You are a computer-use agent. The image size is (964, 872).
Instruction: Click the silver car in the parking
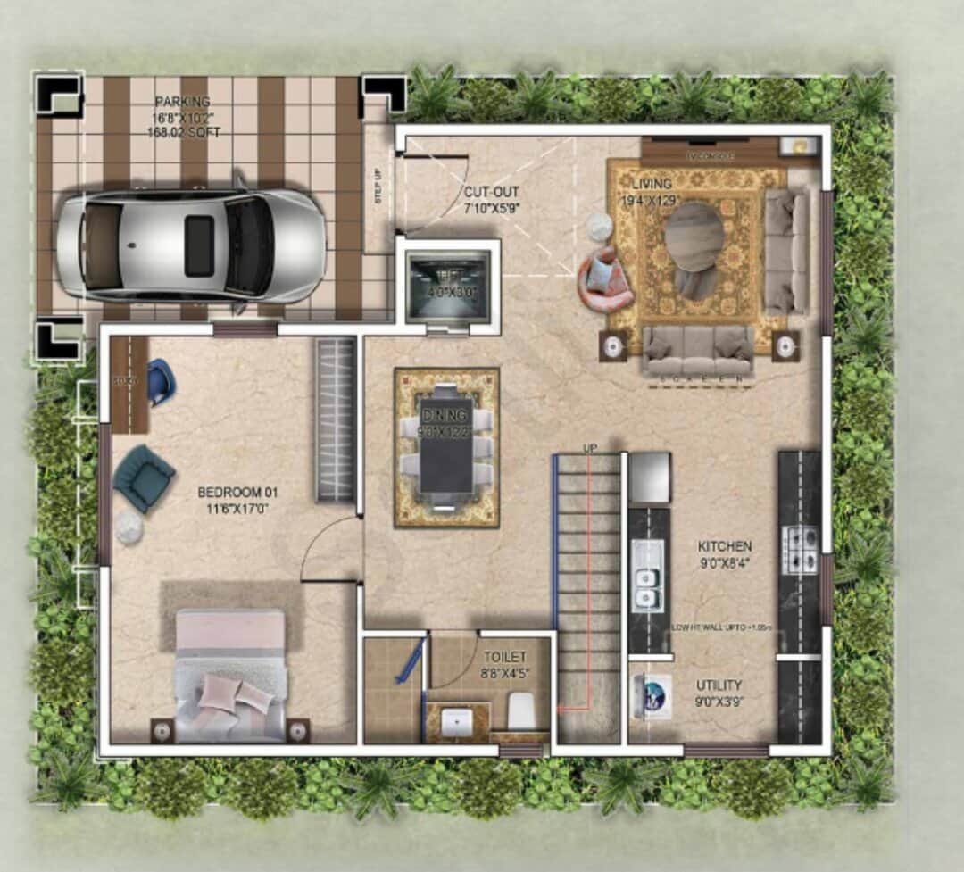coord(190,245)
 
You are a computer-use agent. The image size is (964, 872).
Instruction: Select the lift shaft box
coord(448,286)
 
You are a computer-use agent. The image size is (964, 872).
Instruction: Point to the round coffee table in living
coord(694,237)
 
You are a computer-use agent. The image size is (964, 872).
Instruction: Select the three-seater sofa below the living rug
coord(699,350)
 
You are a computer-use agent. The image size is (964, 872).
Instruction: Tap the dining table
coord(446,446)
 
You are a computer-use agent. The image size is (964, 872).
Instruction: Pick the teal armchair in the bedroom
coord(143,478)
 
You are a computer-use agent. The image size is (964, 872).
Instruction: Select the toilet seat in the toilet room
coord(521,711)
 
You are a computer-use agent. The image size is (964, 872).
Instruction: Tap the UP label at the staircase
coord(589,447)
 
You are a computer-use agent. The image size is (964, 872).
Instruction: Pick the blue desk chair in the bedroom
coord(162,381)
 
